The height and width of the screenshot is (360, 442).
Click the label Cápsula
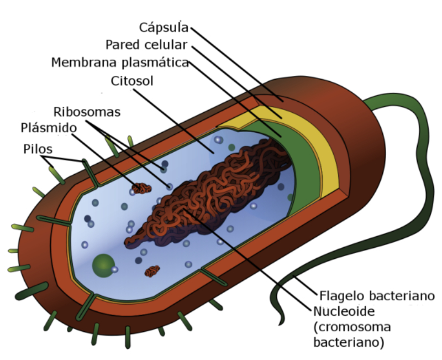(x=164, y=27)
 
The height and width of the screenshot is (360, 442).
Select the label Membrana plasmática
(x=120, y=62)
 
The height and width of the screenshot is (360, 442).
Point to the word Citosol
(x=132, y=81)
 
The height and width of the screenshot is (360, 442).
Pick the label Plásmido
(x=48, y=128)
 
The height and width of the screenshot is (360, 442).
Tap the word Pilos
(x=38, y=149)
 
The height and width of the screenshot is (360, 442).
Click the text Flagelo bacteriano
(x=377, y=294)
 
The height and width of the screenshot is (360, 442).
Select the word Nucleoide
(x=345, y=310)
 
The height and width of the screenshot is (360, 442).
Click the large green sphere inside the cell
(x=103, y=265)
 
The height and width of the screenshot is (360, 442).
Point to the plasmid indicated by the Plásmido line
(x=141, y=188)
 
